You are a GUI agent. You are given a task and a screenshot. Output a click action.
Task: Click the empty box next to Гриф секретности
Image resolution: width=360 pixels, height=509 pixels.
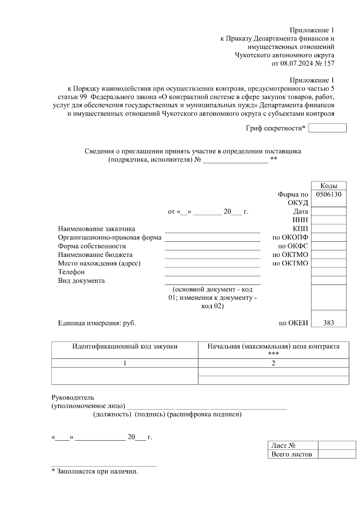pyautogui.click(x=327, y=128)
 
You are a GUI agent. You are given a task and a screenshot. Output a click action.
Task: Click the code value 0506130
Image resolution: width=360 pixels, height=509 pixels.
pyautogui.click(x=328, y=194)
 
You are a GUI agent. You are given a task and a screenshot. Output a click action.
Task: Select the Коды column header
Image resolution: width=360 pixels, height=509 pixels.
pyautogui.click(x=328, y=186)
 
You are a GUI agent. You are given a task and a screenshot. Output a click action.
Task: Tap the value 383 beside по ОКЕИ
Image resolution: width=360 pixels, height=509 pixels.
pyautogui.click(x=328, y=323)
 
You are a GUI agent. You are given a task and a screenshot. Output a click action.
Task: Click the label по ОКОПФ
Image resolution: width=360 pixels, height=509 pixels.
pyautogui.click(x=290, y=237)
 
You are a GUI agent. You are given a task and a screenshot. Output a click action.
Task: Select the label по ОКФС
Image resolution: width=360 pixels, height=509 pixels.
pyautogui.click(x=293, y=246)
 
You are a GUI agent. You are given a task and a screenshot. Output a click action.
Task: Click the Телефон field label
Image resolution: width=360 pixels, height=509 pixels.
pyautogui.click(x=71, y=272)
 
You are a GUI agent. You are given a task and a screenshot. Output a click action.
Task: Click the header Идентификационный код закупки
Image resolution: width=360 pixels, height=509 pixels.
pyautogui.click(x=125, y=347)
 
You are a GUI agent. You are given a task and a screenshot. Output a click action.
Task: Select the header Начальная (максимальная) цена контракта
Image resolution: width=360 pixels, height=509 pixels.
pyautogui.click(x=273, y=347)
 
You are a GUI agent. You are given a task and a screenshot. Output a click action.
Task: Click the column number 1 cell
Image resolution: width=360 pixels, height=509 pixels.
pyautogui.click(x=125, y=363)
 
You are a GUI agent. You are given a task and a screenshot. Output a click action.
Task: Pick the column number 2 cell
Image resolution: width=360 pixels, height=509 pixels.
pyautogui.click(x=273, y=363)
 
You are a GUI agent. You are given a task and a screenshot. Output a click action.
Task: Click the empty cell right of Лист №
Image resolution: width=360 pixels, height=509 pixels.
pyautogui.click(x=337, y=445)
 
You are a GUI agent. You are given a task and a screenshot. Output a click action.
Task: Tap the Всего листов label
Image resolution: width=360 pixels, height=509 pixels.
pyautogui.click(x=292, y=454)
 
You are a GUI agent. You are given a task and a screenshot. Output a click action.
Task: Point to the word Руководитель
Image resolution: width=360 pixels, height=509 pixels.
pyautogui.click(x=73, y=397)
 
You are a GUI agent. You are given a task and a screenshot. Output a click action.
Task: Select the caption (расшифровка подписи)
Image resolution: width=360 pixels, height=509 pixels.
pyautogui.click(x=204, y=415)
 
